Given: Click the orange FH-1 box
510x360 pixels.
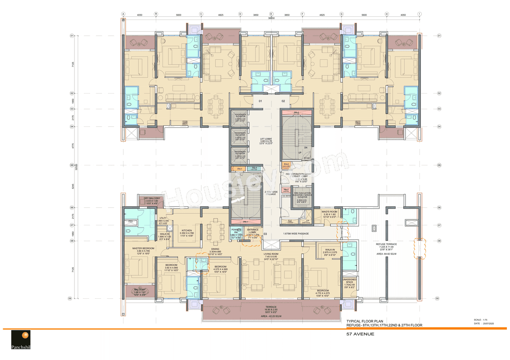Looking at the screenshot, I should click(239, 169).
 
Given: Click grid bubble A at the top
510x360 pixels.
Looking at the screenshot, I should click(123, 14).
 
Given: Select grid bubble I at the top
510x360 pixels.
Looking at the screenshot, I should click(419, 14).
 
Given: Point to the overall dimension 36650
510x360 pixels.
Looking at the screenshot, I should click(271, 18).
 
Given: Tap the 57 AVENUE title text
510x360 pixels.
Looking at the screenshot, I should click(360, 334).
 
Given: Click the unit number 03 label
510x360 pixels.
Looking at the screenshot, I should click(265, 234).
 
